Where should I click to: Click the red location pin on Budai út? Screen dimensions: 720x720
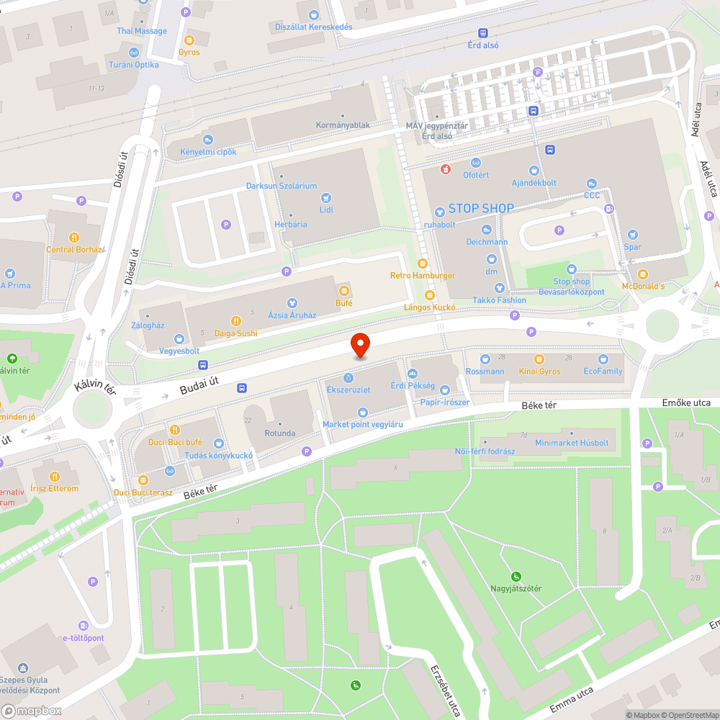(360, 346)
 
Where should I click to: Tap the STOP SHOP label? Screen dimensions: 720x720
(481, 209)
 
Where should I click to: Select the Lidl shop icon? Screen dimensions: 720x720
(326, 197)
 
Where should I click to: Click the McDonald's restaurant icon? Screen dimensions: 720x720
(643, 274)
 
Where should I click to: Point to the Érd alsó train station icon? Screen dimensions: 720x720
(482, 32)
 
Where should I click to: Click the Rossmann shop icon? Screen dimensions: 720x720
(485, 359)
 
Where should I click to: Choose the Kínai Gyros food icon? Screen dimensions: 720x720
(539, 359)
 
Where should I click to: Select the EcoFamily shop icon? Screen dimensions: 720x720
(603, 359)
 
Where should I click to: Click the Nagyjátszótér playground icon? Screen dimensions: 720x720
(516, 576)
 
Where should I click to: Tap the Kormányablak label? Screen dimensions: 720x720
(343, 125)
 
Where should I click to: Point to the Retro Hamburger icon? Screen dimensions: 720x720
(423, 264)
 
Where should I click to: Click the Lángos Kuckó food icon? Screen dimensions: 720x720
(430, 295)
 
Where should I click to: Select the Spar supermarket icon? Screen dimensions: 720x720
(633, 235)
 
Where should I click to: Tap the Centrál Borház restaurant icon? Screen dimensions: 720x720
(74, 238)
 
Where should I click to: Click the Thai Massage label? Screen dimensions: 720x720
(142, 31)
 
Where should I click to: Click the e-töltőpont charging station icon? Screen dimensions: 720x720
(84, 626)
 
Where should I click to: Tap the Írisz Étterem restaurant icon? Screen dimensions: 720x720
(55, 476)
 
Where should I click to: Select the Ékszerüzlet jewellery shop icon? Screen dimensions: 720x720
(348, 377)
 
